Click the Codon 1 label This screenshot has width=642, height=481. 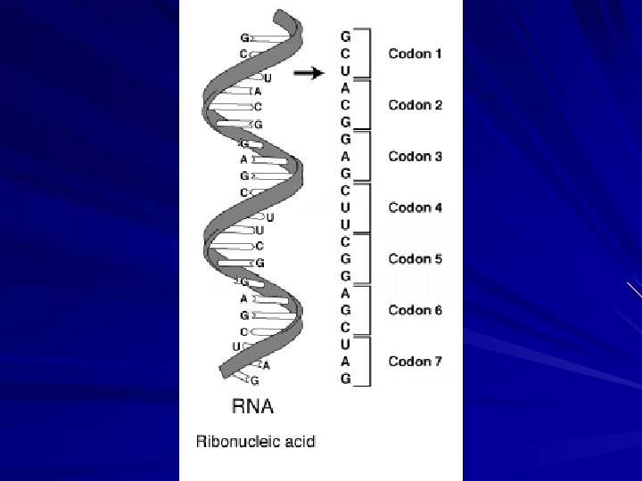pos(415,54)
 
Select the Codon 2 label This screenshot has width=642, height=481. pos(415,105)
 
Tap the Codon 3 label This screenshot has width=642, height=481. pos(415,157)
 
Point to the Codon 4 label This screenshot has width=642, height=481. pos(415,208)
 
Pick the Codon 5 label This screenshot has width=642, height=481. pos(415,259)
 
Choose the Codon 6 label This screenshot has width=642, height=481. pos(415,310)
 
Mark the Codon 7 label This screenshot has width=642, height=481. pos(415,362)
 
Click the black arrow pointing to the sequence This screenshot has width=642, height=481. pos(309,74)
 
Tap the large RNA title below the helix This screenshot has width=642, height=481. pos(252,408)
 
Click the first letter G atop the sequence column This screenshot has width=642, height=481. pos(345,37)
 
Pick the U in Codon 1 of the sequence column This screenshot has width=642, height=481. pos(345,71)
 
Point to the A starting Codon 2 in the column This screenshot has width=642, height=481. pos(345,88)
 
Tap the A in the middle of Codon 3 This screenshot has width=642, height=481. pos(345,157)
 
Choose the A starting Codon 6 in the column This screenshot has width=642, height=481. pos(345,293)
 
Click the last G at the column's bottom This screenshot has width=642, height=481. pos(345,379)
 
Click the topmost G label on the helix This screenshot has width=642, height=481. pos(244,38)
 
